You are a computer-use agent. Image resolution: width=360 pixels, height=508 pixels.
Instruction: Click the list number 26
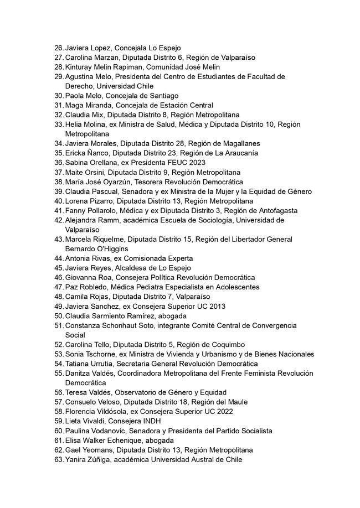click(59, 48)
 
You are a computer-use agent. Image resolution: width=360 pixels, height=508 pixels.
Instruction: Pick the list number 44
click(59, 258)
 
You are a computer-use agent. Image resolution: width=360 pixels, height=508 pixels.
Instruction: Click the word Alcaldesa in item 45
click(132, 268)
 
